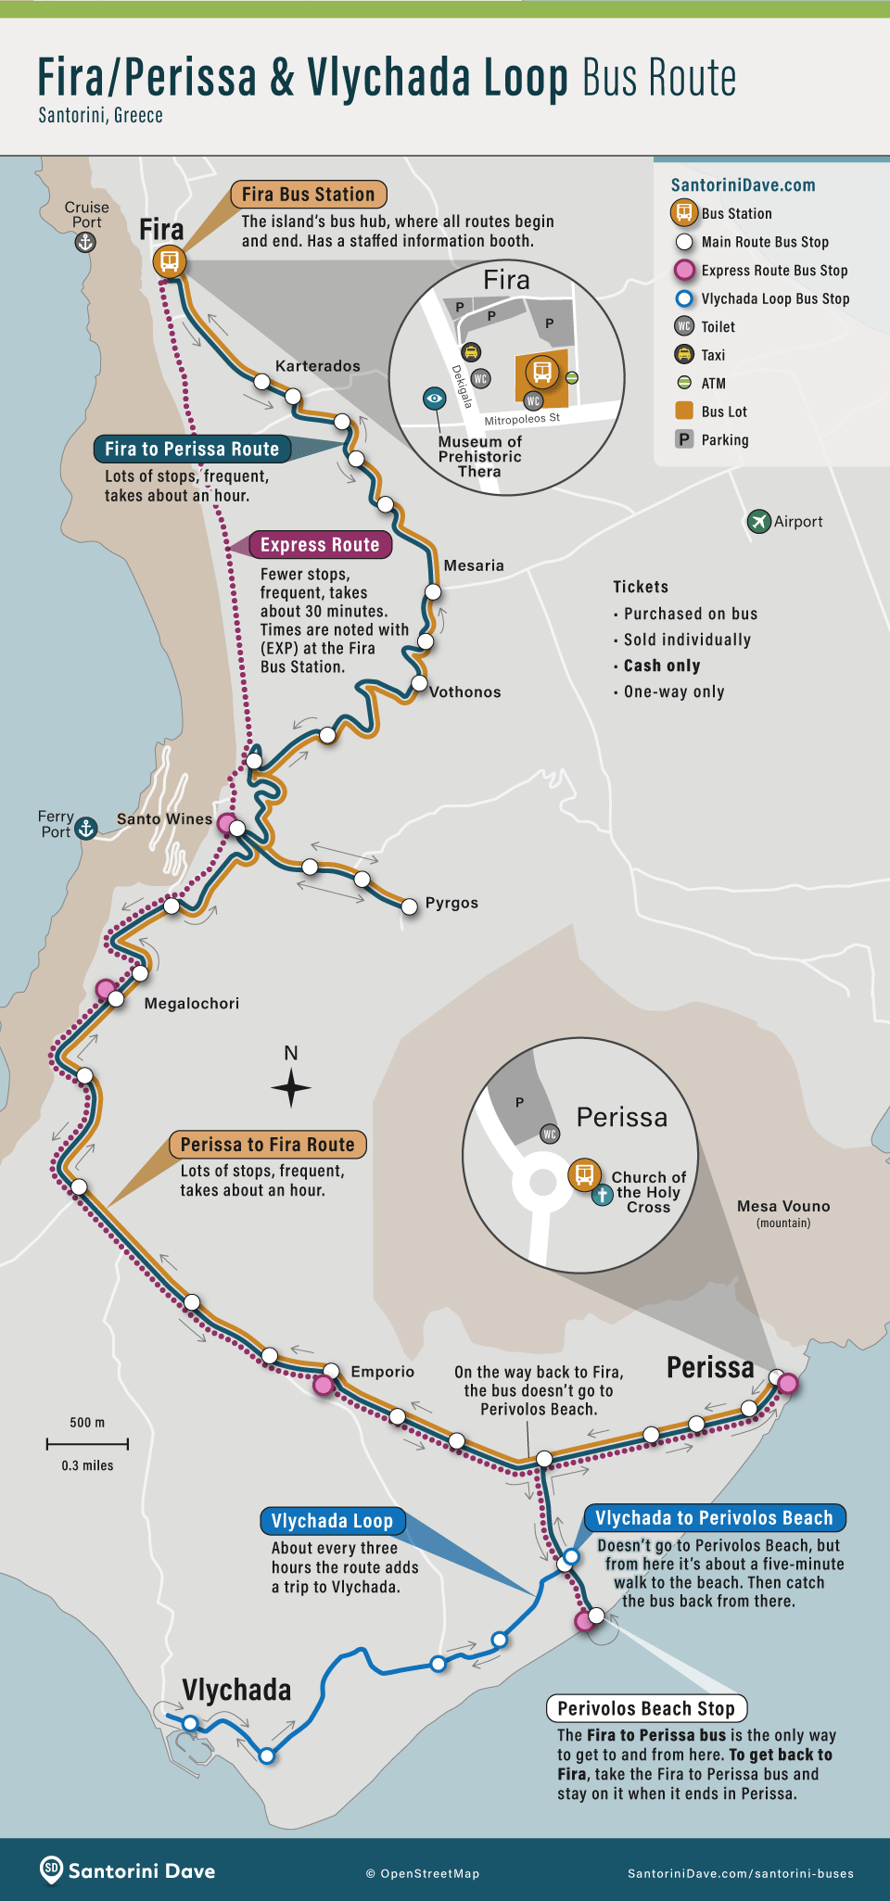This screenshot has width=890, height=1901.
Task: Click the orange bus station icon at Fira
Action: point(170,261)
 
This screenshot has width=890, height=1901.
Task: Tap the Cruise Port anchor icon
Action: point(85,243)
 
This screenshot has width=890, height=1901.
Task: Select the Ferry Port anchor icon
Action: point(86,828)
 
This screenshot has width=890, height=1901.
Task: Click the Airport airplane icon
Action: point(758,521)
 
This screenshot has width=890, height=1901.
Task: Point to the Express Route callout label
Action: point(320,545)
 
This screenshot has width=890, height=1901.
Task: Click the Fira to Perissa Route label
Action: point(192,450)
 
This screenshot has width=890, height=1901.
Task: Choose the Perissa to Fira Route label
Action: point(267,1145)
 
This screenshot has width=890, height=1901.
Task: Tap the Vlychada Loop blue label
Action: point(332,1521)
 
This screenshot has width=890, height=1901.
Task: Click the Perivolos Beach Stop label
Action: point(646,1708)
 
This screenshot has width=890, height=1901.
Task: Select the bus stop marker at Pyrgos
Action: point(409,906)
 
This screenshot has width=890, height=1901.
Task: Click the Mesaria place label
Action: point(474,565)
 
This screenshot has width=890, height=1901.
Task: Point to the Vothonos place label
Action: point(464,692)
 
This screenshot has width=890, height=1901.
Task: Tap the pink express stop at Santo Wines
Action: point(225,821)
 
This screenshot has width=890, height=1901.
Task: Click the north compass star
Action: point(291,1087)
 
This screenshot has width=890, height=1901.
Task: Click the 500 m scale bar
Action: point(87,1443)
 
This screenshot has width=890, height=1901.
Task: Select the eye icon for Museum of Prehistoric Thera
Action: point(434,399)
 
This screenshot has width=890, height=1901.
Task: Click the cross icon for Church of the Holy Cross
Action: point(602,1194)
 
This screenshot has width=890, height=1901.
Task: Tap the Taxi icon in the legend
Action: point(684,355)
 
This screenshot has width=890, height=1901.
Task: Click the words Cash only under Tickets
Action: point(662,665)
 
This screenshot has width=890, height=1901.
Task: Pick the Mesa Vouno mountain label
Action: point(783,1207)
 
